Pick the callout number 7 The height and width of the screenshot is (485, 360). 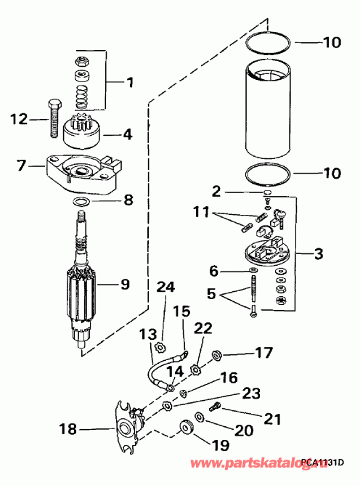(x=21, y=166)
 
